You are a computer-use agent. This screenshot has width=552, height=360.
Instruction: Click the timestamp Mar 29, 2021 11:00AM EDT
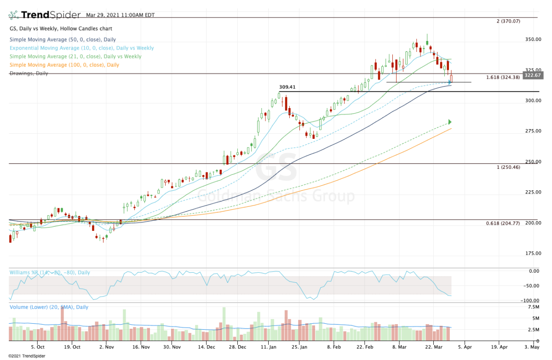[x=120, y=15]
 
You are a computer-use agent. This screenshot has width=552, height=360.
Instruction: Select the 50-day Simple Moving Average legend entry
[x=63, y=40]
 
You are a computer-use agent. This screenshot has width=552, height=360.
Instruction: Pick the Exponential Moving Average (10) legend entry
[x=81, y=48]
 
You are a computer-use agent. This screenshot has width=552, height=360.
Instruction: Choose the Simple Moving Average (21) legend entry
[x=75, y=56]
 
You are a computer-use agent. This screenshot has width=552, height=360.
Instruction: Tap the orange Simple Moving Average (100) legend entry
[x=64, y=65]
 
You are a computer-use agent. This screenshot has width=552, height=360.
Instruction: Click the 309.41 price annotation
[x=287, y=86]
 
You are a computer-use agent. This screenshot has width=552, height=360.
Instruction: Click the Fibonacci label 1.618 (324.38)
[x=503, y=77]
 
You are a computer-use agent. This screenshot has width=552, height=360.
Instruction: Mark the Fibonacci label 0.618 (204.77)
[x=503, y=223]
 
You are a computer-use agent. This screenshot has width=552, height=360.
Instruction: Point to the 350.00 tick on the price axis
[x=534, y=40]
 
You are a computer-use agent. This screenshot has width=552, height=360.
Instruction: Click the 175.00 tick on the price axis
[x=534, y=253]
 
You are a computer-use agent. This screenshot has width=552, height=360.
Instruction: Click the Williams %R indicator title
[x=50, y=273]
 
